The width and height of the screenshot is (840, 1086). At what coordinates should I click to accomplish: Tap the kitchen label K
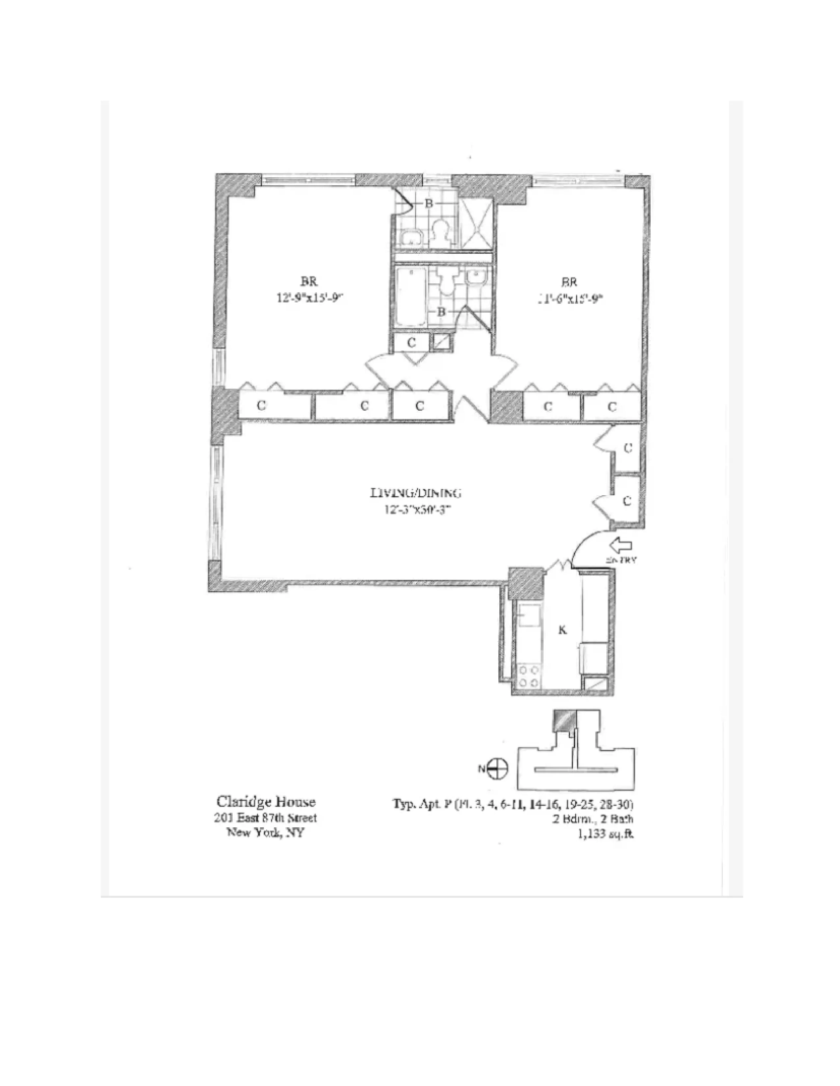point(562,630)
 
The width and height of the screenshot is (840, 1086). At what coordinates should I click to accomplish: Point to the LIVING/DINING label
point(415,493)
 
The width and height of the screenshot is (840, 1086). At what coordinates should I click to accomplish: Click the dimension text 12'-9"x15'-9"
point(311,298)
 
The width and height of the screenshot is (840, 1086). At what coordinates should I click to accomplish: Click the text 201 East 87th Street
point(265,818)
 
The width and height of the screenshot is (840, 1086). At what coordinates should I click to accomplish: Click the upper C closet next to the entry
point(628,448)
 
